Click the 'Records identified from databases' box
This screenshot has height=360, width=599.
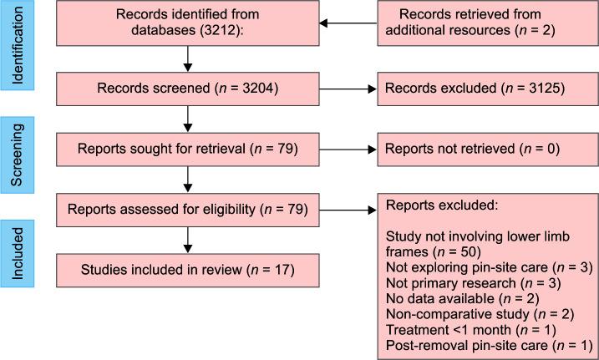[x=189, y=23]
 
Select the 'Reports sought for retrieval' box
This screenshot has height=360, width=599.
[x=189, y=150]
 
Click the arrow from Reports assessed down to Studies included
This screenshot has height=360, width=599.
[x=190, y=239]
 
